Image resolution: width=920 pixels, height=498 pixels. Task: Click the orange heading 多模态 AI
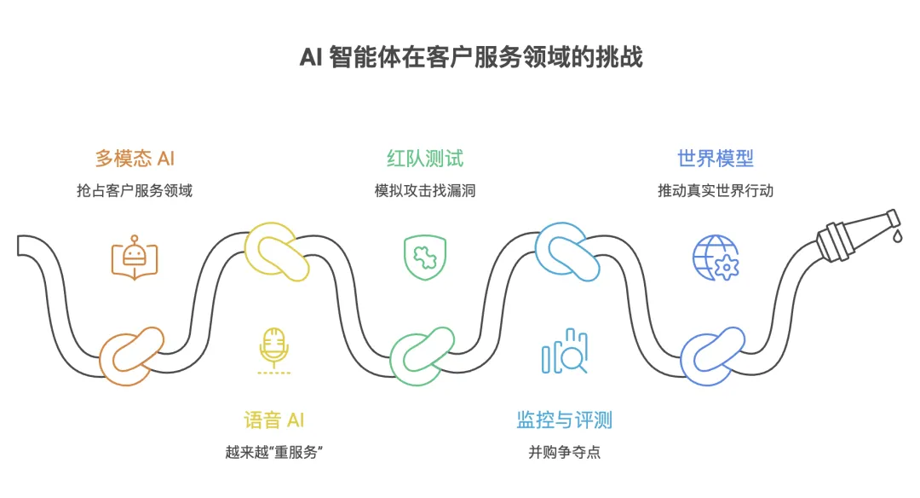click(135, 159)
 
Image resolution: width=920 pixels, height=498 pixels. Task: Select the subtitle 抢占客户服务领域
click(135, 190)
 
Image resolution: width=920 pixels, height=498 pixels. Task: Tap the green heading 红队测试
click(425, 159)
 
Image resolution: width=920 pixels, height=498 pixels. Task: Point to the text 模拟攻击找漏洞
click(425, 190)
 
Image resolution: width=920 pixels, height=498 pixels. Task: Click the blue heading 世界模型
click(716, 159)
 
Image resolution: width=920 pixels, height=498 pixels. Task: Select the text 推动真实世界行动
click(716, 190)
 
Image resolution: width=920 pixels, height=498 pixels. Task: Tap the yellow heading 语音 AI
click(274, 420)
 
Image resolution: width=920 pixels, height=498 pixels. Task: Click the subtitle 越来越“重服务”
click(274, 452)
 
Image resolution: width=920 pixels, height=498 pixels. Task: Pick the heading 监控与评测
click(564, 420)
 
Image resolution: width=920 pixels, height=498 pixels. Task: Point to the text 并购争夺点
click(564, 452)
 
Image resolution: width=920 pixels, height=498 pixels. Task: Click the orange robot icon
click(135, 257)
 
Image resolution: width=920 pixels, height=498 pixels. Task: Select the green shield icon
click(425, 257)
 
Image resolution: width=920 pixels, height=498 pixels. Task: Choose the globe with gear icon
click(716, 257)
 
